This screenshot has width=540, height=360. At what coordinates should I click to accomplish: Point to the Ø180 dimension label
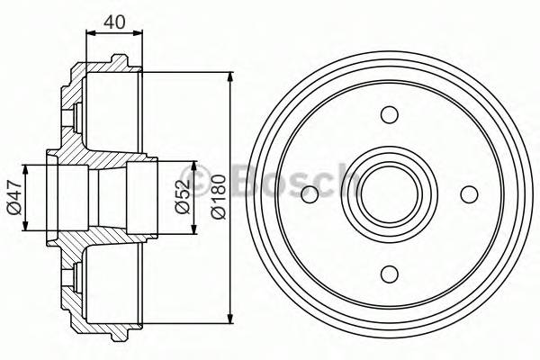[216, 196]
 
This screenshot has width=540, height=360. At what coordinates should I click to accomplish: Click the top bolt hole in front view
[389, 114]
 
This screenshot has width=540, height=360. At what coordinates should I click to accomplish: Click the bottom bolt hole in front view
[389, 274]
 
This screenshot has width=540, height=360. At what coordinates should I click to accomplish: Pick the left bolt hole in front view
[310, 194]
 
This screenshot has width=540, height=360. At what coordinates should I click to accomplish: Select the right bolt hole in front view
[468, 194]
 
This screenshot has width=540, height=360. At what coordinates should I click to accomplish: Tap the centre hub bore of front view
[389, 194]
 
